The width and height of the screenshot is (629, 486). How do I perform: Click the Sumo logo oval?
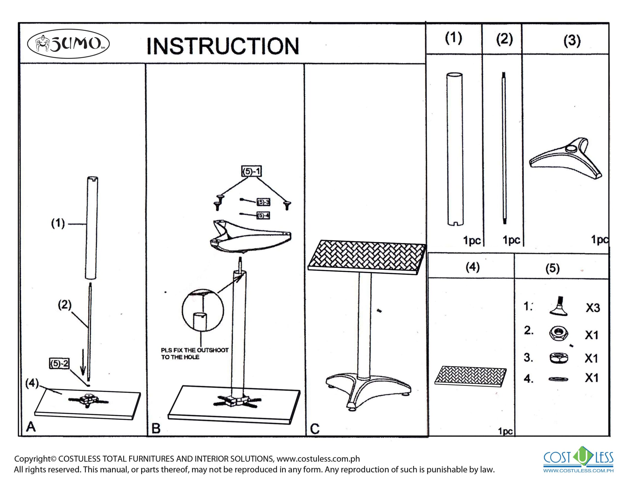coord(68,44)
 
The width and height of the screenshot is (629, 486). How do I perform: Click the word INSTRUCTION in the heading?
coord(223,46)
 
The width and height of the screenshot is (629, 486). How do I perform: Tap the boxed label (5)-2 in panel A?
coord(59,364)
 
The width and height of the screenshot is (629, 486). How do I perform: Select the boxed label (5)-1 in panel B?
coord(251,172)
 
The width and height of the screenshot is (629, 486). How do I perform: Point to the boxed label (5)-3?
coord(263,202)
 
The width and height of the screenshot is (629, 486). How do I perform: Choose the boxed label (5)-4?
coord(263,215)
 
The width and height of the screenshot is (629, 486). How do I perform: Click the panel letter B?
coord(156,429)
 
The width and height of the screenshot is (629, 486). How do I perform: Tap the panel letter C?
coord(315,429)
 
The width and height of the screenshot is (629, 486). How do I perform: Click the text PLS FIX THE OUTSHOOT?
coord(195,350)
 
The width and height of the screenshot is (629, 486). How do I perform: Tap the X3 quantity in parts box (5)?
coord(593,308)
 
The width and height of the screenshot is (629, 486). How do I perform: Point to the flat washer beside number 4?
coord(558,379)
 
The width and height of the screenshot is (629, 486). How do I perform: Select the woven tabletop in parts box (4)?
coord(470,375)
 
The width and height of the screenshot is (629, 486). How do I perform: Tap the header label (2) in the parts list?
coord(504,39)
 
